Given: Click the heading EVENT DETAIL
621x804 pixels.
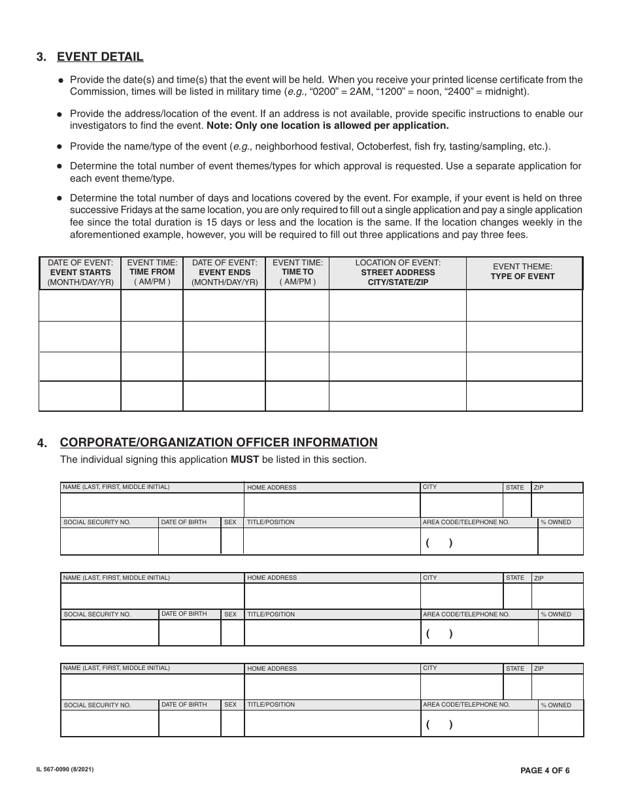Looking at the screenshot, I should [x=100, y=56].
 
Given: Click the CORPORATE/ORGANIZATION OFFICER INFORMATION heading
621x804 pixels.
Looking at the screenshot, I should [x=218, y=443].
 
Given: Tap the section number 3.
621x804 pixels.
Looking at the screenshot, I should [x=42, y=57].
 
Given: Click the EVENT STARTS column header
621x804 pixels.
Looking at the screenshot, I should [x=80, y=273].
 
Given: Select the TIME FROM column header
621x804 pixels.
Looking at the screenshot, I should [x=152, y=272].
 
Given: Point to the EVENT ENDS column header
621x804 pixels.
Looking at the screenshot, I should [x=224, y=273].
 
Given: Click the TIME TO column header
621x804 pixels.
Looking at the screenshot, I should [x=297, y=272].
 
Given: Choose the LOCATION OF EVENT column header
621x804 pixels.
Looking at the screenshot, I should [x=397, y=273].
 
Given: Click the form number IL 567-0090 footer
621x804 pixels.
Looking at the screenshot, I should [x=65, y=770].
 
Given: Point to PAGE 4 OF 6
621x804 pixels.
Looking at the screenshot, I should [x=545, y=771].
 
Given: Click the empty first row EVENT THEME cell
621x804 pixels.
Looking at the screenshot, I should [x=524, y=305].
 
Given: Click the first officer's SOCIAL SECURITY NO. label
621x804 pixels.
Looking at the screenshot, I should [x=97, y=522].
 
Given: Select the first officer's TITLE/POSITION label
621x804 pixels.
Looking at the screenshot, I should [x=271, y=522].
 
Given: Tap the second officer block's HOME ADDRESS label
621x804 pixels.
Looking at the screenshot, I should [x=272, y=578].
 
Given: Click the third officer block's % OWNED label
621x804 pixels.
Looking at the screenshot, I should [x=556, y=705].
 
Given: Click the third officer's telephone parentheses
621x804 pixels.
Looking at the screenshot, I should [x=439, y=724].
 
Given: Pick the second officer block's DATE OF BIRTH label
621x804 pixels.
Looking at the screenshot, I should [x=184, y=614].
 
